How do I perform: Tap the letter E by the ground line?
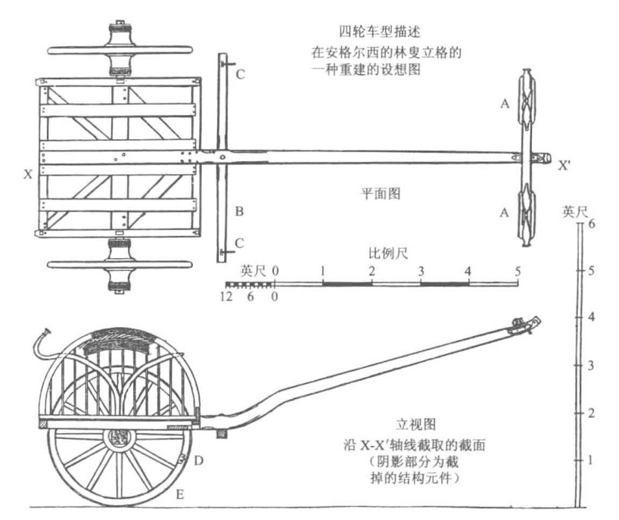[x=179, y=494]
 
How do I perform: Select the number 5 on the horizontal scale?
[x=518, y=270]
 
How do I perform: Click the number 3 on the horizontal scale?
[x=421, y=270]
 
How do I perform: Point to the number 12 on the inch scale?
[x=222, y=297]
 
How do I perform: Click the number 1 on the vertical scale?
[x=593, y=460]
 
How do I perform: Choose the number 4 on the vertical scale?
[x=593, y=318]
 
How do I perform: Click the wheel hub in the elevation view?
[x=119, y=437]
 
